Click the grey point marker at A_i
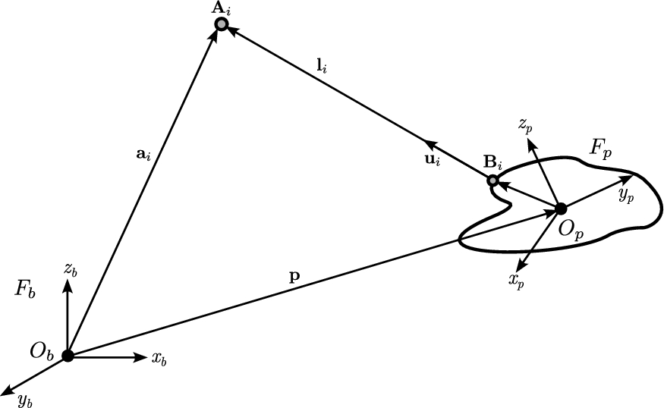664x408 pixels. pyautogui.click(x=221, y=25)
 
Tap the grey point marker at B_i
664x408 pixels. pyautogui.click(x=492, y=180)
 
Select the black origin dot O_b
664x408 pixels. pyautogui.click(x=68, y=355)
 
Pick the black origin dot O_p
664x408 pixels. pyautogui.click(x=561, y=208)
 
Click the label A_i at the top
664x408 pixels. pyautogui.click(x=221, y=9)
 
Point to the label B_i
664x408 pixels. pyautogui.click(x=492, y=163)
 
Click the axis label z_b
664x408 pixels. pyautogui.click(x=70, y=269)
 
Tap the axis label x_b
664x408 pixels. pyautogui.click(x=159, y=359)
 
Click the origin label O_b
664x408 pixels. pyautogui.click(x=40, y=350)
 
